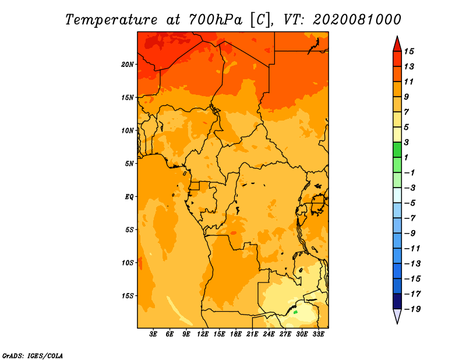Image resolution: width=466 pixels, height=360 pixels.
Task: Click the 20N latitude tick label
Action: [128, 65]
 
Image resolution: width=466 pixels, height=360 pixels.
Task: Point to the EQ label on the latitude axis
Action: [129, 197]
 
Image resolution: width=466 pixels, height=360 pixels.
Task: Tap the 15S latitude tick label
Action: [128, 296]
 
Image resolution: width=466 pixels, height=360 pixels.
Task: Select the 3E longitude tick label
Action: [153, 334]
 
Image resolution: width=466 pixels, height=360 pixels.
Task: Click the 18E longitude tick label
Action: [236, 334]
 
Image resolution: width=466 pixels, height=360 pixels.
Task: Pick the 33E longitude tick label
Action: [318, 334]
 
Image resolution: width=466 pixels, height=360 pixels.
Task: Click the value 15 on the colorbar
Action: [409, 51]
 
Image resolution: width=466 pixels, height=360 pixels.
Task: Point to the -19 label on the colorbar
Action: [412, 309]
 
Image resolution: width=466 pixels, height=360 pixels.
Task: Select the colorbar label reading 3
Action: [407, 142]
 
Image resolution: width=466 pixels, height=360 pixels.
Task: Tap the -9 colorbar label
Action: [410, 234]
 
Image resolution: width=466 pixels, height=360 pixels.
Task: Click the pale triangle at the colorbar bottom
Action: [397, 316]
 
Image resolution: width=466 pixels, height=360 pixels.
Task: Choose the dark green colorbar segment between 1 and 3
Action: [397, 150]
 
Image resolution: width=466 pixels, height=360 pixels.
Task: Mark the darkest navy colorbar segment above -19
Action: [397, 301]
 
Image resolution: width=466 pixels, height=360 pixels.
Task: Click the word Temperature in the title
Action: [111, 20]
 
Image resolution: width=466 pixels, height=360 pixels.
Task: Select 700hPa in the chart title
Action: [216, 20]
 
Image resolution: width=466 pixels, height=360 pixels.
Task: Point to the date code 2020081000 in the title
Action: [357, 20]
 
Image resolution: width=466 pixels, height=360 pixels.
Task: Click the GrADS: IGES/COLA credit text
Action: [33, 356]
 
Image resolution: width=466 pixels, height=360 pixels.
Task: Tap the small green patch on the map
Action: [295, 312]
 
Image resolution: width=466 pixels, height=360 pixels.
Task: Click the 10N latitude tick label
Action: [128, 130]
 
